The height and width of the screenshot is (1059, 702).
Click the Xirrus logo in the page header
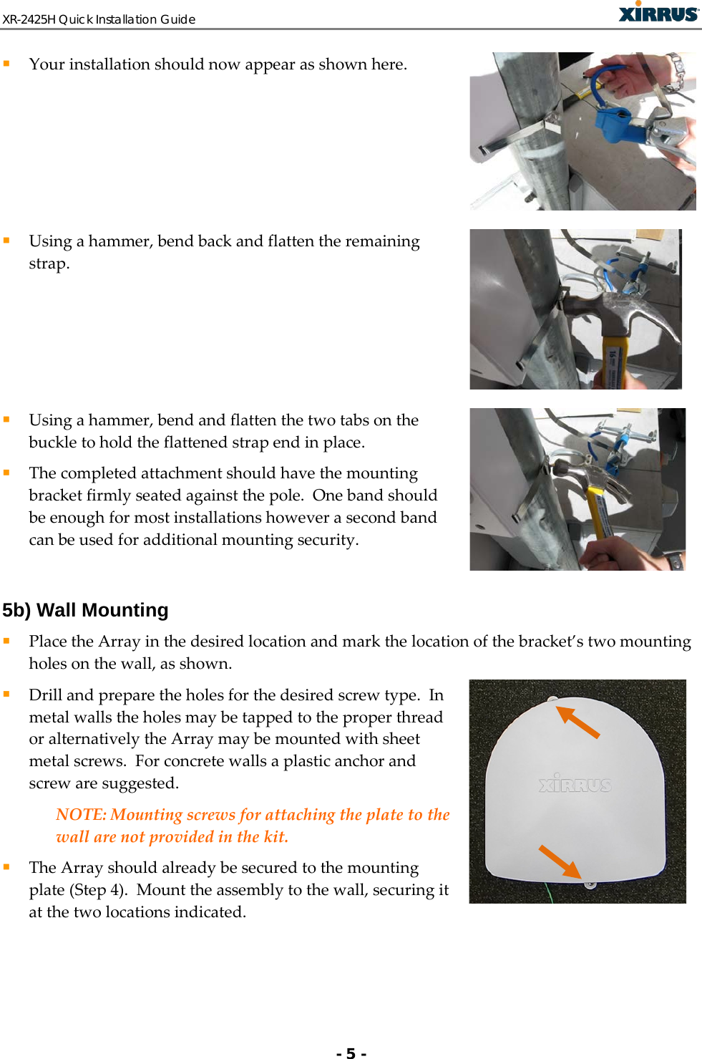pos(658,13)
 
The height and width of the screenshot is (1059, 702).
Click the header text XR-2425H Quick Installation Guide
pos(99,19)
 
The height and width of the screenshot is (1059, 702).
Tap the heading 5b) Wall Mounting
pos(85,610)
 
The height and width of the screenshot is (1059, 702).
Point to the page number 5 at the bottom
pos(351,1053)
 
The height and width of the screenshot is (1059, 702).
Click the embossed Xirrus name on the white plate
pos(575,785)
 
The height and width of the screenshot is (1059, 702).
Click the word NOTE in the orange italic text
pos(80,815)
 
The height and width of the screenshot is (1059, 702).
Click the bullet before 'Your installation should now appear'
pos(6,64)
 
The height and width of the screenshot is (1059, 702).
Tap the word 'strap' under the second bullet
pos(47,263)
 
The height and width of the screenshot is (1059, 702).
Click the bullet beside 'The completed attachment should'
pos(6,473)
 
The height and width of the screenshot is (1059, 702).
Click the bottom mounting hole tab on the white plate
pos(590,885)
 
